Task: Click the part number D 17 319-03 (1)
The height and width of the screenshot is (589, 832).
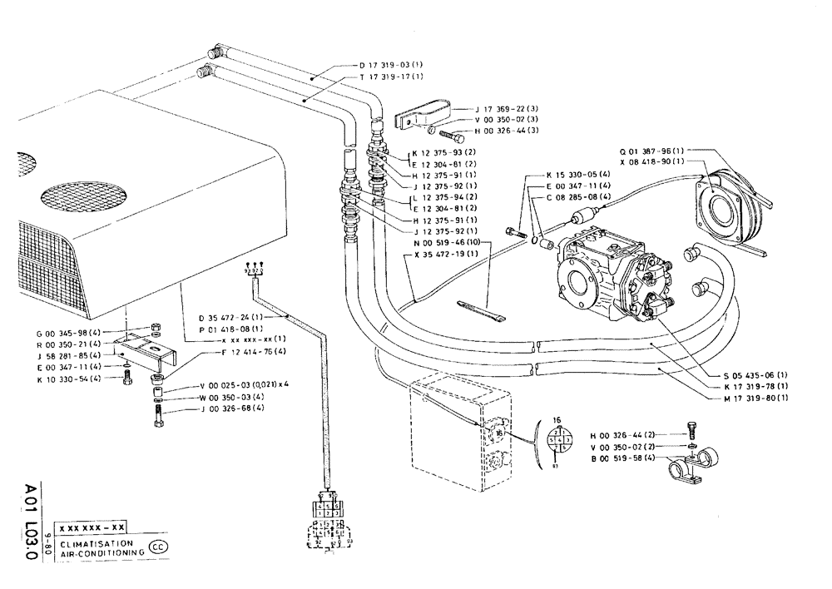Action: click(x=391, y=65)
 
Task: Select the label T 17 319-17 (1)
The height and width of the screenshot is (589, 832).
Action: click(x=391, y=77)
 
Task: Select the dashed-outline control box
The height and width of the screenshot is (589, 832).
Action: click(x=448, y=433)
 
